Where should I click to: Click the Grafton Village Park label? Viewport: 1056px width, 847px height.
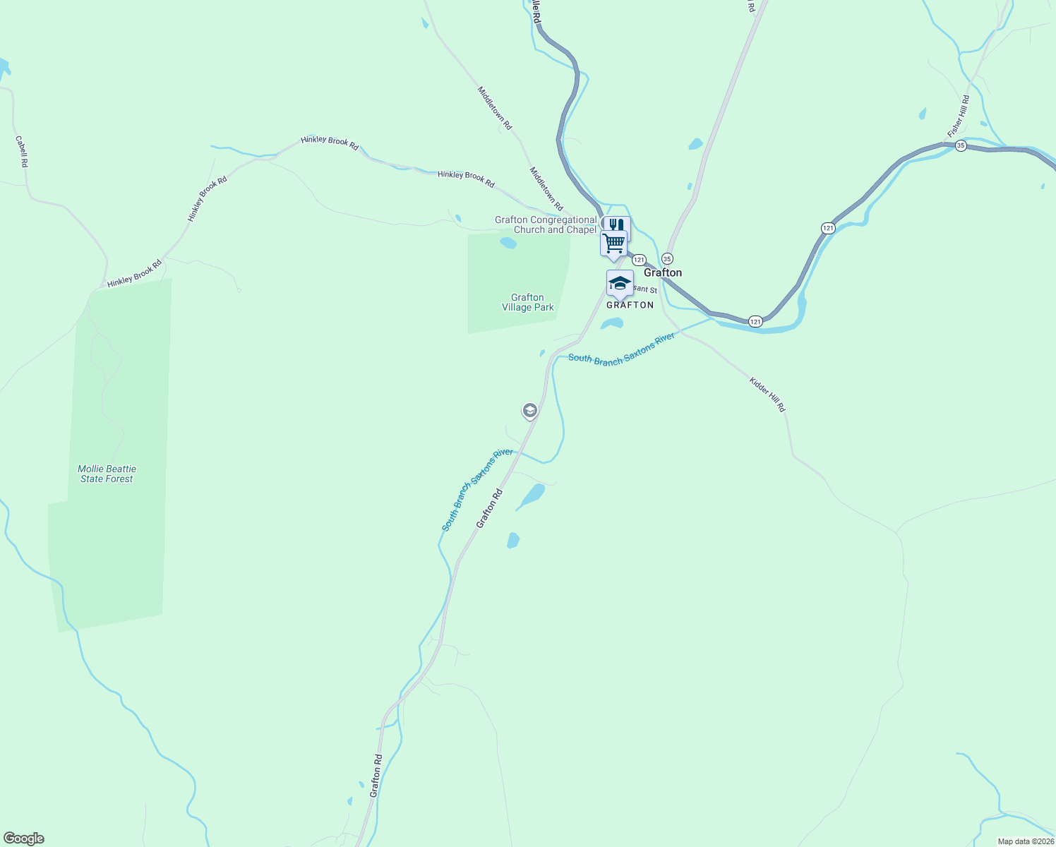click(x=527, y=302)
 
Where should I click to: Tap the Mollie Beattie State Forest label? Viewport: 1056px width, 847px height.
click(x=107, y=474)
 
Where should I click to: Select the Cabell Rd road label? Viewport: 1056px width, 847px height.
click(x=22, y=151)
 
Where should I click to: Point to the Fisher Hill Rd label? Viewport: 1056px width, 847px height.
click(x=959, y=116)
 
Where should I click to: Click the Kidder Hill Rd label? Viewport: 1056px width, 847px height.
click(x=767, y=395)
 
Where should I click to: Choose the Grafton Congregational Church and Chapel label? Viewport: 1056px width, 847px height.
click(x=546, y=224)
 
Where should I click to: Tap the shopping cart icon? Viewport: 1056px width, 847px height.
click(x=614, y=244)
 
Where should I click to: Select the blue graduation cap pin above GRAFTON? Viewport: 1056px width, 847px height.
click(x=620, y=283)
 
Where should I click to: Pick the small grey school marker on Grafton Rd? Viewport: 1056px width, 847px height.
click(x=530, y=410)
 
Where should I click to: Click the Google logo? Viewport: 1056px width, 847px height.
click(x=24, y=839)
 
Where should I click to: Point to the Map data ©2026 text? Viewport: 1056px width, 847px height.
click(x=1026, y=841)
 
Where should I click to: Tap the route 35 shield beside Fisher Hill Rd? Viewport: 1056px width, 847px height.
click(x=961, y=145)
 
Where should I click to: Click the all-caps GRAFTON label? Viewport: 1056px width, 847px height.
click(x=630, y=305)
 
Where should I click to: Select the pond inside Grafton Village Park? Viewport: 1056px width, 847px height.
click(x=508, y=244)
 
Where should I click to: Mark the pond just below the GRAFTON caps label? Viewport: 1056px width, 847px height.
click(x=611, y=323)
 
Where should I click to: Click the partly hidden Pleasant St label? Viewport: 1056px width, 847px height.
click(x=644, y=289)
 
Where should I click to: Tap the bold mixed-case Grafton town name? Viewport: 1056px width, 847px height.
click(x=663, y=272)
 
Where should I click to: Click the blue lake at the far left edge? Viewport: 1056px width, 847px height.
click(x=4, y=67)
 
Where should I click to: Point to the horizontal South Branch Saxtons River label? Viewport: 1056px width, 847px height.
click(x=621, y=349)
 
